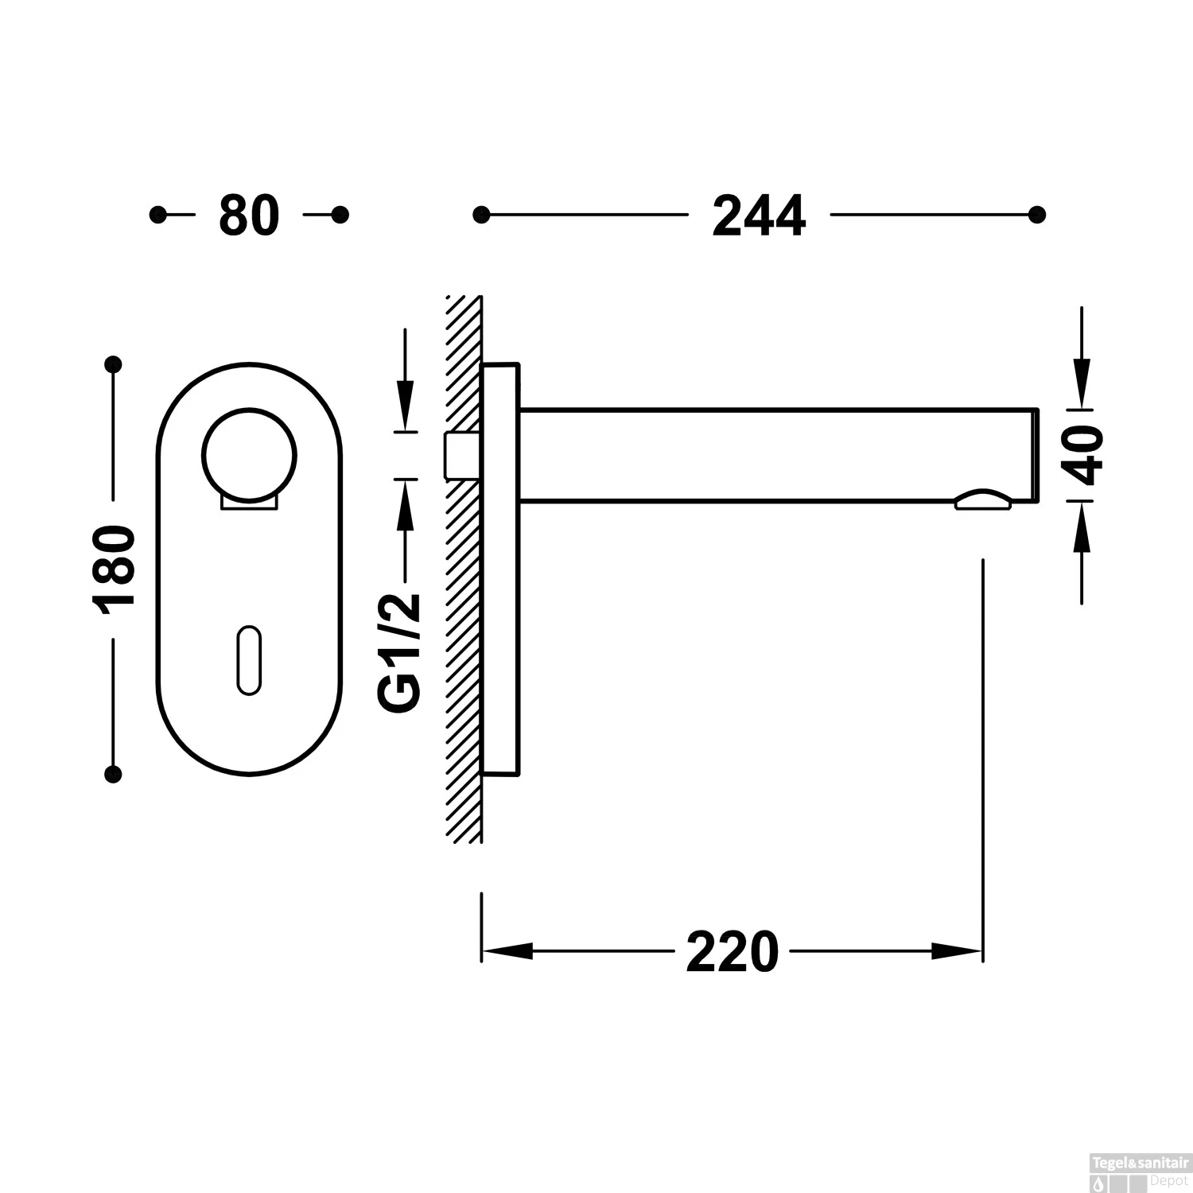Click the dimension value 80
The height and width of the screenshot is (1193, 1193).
coord(249,216)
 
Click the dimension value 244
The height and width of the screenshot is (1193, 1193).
coord(759,216)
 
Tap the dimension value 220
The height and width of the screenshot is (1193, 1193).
coord(732,952)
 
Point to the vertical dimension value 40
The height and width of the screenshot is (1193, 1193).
coord(1084,455)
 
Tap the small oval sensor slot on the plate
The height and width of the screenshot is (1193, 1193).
coord(249,660)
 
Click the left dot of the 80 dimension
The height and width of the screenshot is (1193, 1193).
coord(158,215)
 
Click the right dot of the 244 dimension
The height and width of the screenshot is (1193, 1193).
coord(1036,215)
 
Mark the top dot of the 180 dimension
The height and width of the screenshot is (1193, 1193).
coord(114,365)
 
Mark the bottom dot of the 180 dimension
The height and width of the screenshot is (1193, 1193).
coord(114,773)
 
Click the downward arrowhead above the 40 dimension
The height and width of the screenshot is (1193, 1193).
coord(1082,384)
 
